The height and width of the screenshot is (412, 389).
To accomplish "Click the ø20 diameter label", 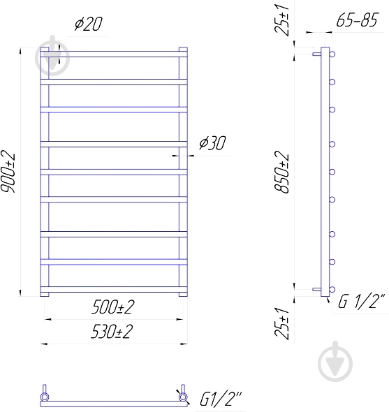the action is tap(88, 24).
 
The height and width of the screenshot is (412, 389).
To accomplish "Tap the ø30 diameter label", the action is tap(212, 142).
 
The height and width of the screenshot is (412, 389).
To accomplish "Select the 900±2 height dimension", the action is tap(8, 172).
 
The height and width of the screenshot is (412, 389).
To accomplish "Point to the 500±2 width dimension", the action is tap(112, 307).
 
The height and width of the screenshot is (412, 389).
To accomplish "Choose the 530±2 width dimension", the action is tap(112, 331).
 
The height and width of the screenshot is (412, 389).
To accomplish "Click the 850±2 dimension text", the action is tap(281, 172).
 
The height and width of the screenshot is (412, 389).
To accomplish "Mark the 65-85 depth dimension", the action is tap(358, 20).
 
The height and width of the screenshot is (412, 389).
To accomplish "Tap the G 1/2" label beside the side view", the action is tap(361, 301).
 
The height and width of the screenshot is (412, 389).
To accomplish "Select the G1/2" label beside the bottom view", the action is tap(221, 399).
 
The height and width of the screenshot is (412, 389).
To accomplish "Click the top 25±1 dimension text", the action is tap(281, 20).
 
